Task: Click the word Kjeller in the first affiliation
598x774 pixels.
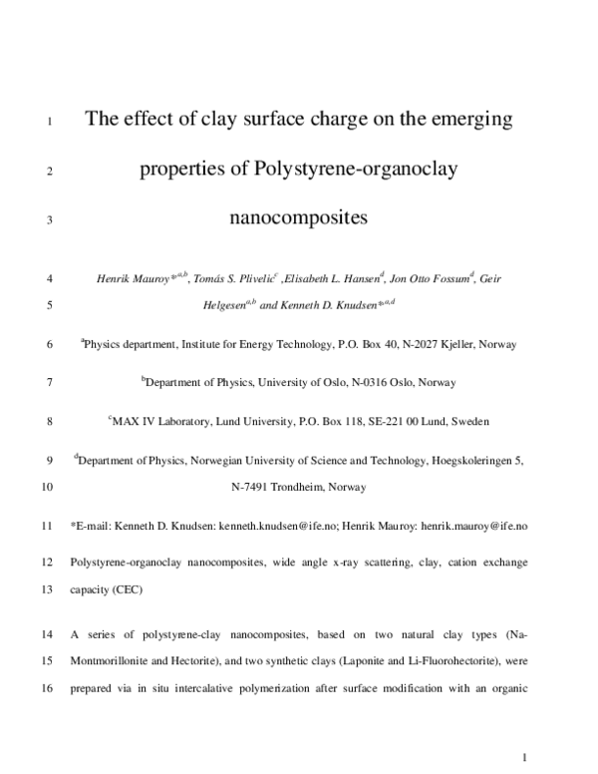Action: (x=456, y=344)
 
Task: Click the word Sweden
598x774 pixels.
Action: (x=468, y=422)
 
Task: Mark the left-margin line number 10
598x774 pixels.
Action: (x=50, y=488)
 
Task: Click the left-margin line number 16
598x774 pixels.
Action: (x=50, y=687)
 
